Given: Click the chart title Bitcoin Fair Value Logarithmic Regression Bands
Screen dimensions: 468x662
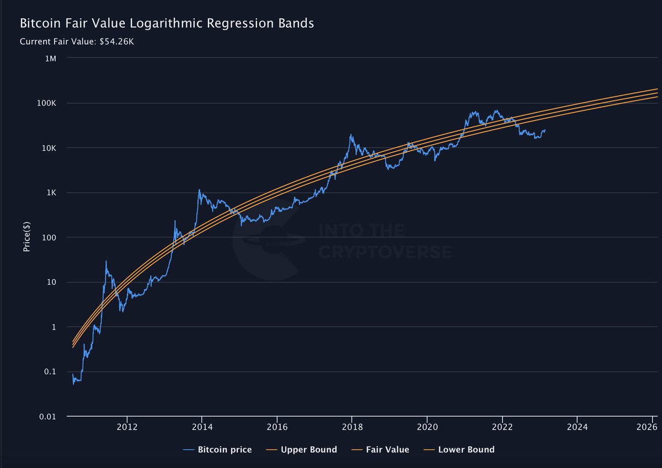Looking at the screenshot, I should pos(167,24).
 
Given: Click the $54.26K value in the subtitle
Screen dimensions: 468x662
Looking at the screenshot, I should pos(116,41).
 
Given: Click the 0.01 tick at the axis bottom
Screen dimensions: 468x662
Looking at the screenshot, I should pos(46,417).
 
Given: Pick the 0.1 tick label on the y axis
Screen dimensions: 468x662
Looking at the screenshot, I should pos(49,372).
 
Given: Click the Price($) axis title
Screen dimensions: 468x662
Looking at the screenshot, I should pos(26,237).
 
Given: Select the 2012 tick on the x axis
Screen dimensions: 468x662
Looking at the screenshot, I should pos(127,427).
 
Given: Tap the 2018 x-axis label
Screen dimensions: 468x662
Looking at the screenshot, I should pos(352,427).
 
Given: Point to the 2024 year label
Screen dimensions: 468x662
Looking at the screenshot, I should pos(576,427).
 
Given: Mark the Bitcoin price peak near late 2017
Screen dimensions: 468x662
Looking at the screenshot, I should pos(351,134).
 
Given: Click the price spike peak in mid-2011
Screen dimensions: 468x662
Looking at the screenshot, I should pos(106,261).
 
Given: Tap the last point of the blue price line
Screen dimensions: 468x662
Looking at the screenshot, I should pos(545,130).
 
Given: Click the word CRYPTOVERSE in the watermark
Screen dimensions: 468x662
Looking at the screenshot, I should pos(385,252).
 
